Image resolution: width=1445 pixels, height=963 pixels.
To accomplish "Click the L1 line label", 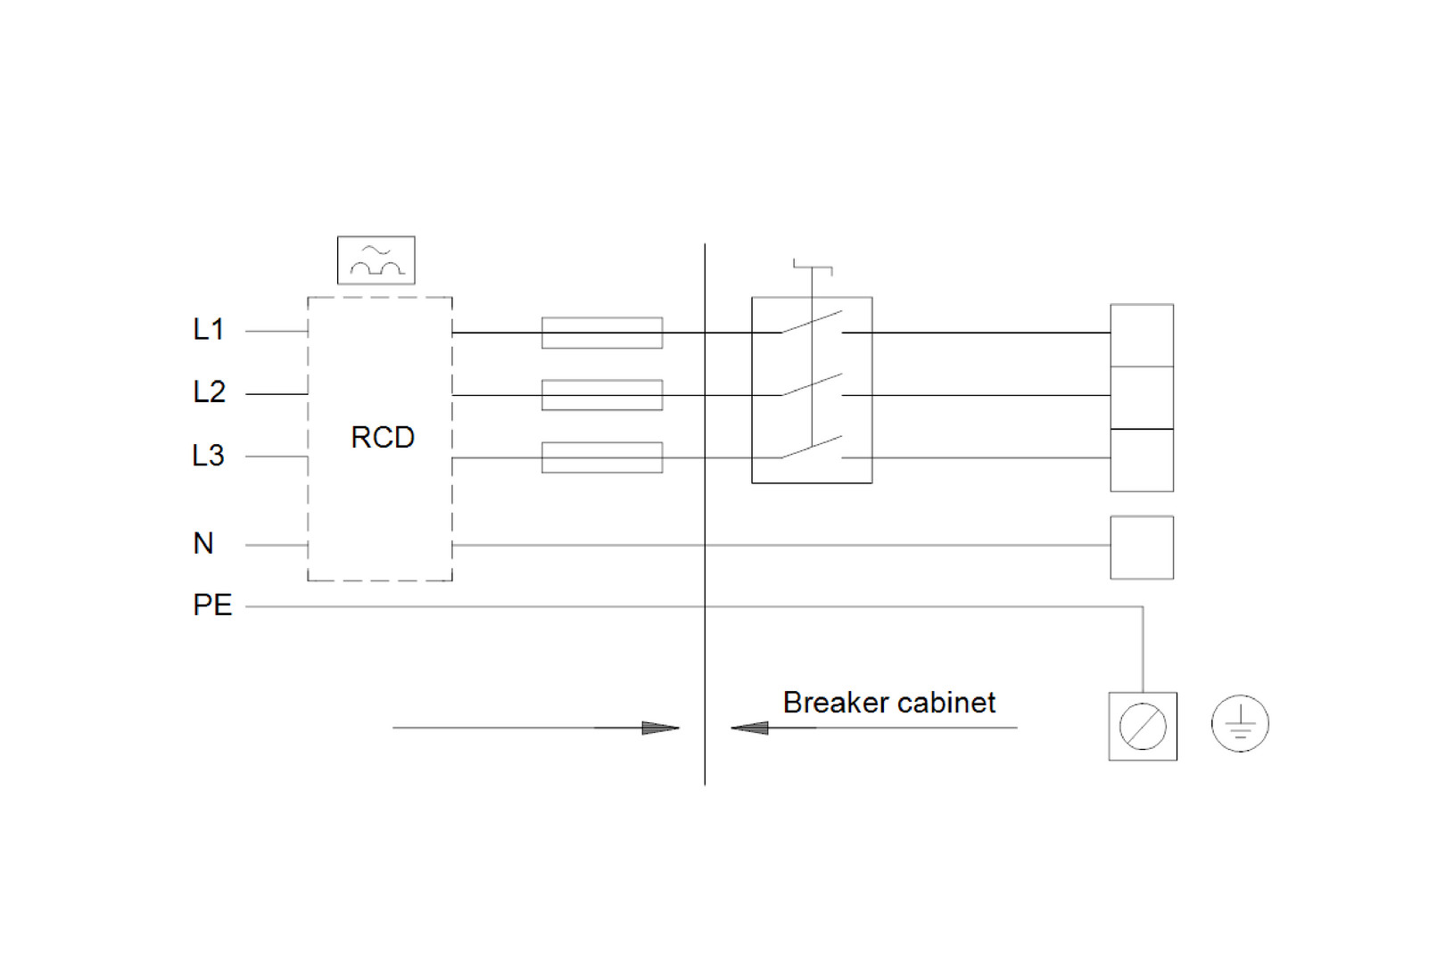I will click(x=209, y=330).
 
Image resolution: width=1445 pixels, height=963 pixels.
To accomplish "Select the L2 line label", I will click(x=210, y=392).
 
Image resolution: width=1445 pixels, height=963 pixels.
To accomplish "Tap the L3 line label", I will click(x=209, y=456).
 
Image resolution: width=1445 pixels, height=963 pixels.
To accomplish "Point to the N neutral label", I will click(x=203, y=543).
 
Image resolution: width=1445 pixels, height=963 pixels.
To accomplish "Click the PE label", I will click(x=212, y=605).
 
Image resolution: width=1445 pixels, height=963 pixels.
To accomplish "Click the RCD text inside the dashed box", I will click(x=383, y=438).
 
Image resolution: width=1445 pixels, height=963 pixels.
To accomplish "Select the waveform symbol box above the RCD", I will click(x=376, y=260).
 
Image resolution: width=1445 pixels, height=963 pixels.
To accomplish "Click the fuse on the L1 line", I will click(x=602, y=333).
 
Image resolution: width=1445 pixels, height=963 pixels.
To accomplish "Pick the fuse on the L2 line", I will click(x=602, y=395).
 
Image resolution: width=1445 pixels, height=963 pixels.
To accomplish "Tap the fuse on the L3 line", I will click(x=602, y=457).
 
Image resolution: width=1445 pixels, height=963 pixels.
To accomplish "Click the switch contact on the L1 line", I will click(x=812, y=322).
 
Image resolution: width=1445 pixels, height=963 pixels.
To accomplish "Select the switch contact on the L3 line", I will click(x=812, y=447).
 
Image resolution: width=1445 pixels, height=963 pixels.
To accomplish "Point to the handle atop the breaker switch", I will click(x=813, y=267).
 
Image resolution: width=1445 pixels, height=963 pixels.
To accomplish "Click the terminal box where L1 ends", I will click(x=1142, y=335).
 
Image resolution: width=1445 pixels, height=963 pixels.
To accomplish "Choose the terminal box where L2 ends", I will click(x=1142, y=398).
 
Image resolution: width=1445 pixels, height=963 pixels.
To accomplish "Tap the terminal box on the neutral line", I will click(x=1142, y=547).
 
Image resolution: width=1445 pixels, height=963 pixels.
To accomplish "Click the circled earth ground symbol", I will click(x=1240, y=723).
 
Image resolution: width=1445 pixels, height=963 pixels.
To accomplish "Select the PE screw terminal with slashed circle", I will click(x=1143, y=726).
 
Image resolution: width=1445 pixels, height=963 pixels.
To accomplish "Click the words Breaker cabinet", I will click(x=888, y=703).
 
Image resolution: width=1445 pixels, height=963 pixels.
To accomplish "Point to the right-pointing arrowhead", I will click(x=660, y=728).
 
